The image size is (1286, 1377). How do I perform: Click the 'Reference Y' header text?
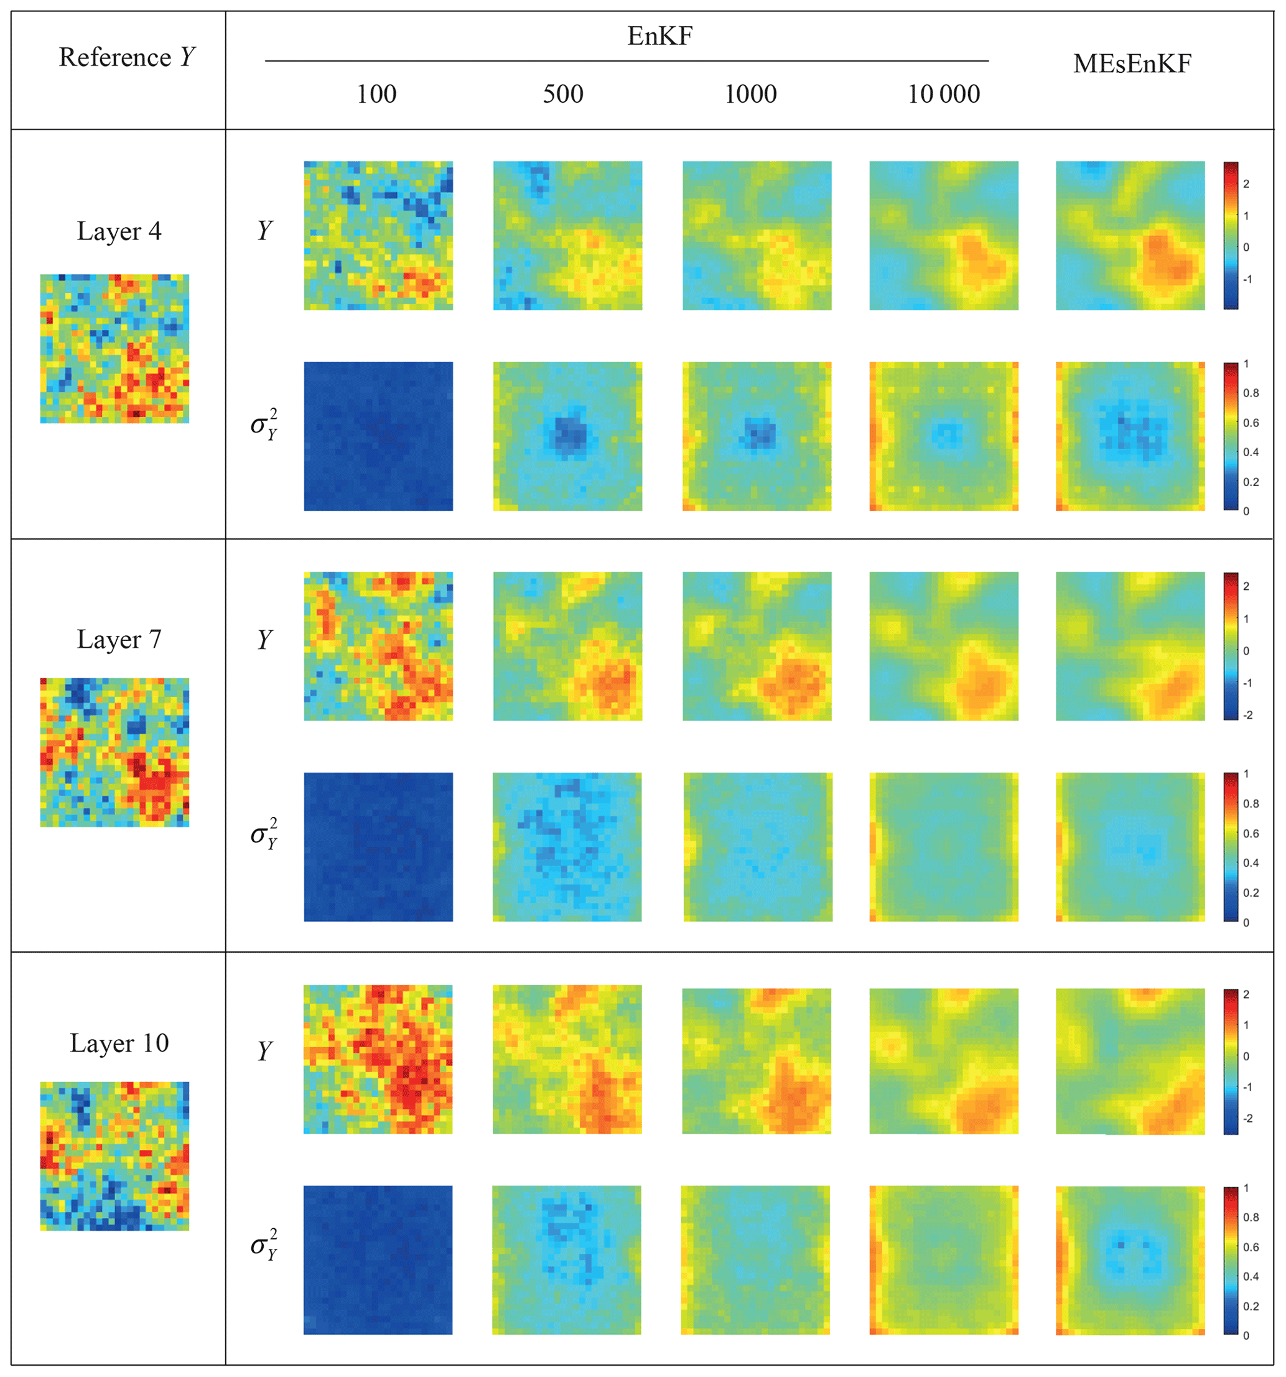pyautogui.click(x=127, y=57)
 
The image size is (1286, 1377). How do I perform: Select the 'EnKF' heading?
pyautogui.click(x=659, y=36)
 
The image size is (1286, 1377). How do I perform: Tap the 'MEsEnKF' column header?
pyautogui.click(x=1132, y=63)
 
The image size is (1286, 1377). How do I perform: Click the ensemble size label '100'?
pyautogui.click(x=376, y=94)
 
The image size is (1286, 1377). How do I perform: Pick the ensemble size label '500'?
pyautogui.click(x=562, y=94)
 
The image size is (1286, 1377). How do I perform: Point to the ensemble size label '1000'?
pyautogui.click(x=750, y=94)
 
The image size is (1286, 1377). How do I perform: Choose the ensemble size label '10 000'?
pyautogui.click(x=943, y=94)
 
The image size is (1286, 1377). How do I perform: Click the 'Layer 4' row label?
pyautogui.click(x=118, y=231)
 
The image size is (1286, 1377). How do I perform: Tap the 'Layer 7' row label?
pyautogui.click(x=118, y=639)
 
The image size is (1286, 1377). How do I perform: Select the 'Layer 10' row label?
pyautogui.click(x=119, y=1043)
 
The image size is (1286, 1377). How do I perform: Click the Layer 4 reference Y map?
pyautogui.click(x=114, y=348)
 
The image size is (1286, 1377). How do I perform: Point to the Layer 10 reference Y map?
pyautogui.click(x=114, y=1155)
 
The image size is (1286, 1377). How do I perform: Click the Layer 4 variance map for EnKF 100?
pyautogui.click(x=378, y=436)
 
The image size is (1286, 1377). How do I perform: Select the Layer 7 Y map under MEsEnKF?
pyautogui.click(x=1129, y=646)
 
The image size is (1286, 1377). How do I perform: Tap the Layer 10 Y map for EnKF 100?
pyautogui.click(x=378, y=1059)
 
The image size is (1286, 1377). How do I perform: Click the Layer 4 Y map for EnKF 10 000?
pyautogui.click(x=943, y=235)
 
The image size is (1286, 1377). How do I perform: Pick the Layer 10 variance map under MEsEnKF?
pyautogui.click(x=1129, y=1261)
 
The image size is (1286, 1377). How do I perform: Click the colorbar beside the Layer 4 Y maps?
pyautogui.click(x=1230, y=235)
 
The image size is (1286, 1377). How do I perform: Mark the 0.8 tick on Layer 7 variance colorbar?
pyautogui.click(x=1251, y=803)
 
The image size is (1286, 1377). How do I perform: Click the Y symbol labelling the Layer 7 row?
pyautogui.click(x=264, y=639)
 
